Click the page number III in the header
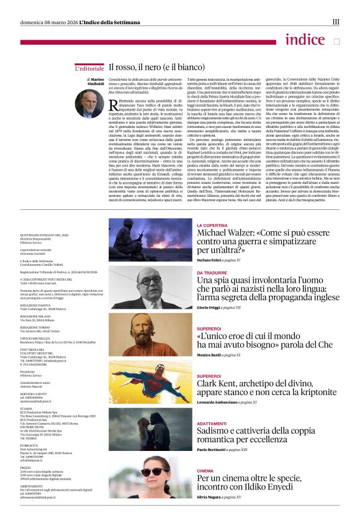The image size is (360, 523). tap(336, 22)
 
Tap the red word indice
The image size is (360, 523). tap(305, 40)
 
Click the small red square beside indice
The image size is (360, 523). tap(336, 42)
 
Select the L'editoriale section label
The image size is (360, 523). tap(89, 66)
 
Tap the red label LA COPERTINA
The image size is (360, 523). tap(212, 225)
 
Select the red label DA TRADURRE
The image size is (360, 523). tap(212, 272)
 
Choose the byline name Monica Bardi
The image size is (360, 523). tap(210, 355)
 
